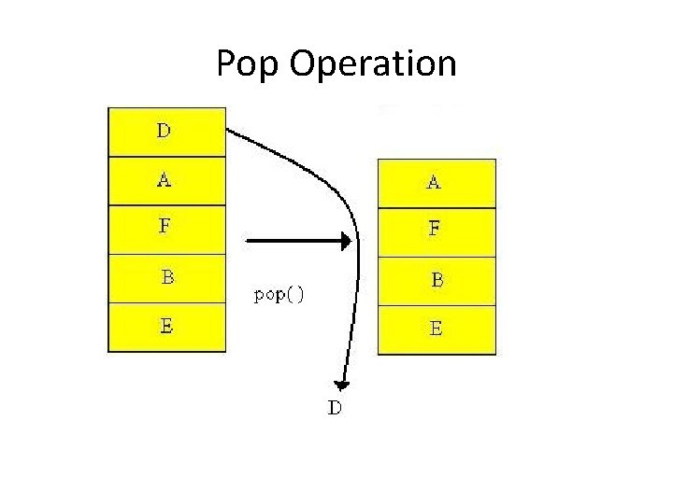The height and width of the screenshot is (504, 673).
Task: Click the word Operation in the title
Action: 373,64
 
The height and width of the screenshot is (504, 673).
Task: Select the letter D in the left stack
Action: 164,132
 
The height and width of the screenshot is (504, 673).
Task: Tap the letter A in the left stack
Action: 165,180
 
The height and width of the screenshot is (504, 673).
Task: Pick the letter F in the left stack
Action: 165,225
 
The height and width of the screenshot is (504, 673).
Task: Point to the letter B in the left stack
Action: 167,277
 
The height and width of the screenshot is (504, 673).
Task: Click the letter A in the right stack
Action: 434,183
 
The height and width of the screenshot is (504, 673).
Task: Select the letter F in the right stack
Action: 435,228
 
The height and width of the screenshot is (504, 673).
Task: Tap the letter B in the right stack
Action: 437,279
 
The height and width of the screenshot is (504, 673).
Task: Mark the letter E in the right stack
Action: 436,329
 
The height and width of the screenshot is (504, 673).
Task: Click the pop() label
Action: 279,295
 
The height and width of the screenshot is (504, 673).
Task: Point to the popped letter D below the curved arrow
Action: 335,408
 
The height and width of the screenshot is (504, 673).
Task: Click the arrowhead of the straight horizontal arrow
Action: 346,242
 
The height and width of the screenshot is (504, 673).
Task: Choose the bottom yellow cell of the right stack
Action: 437,329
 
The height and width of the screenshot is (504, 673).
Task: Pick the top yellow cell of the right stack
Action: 437,183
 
